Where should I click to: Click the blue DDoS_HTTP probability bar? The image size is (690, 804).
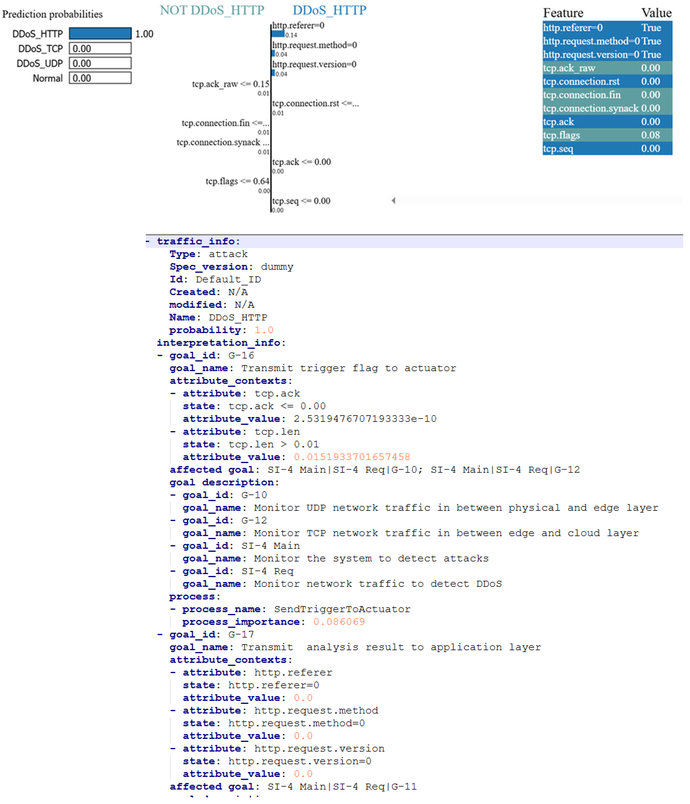click(100, 34)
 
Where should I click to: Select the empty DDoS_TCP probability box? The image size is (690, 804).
click(100, 48)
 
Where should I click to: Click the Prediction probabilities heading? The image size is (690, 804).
click(52, 14)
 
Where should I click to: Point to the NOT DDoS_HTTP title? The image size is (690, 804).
click(212, 10)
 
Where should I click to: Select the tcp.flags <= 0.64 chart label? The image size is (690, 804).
click(237, 181)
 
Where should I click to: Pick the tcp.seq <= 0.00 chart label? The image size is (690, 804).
click(301, 201)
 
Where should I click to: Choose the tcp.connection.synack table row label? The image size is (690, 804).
click(590, 108)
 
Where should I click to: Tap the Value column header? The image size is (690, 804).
click(656, 13)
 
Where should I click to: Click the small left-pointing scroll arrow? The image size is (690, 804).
click(393, 201)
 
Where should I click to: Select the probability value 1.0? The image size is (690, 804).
click(264, 330)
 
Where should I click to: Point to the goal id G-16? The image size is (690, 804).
click(241, 356)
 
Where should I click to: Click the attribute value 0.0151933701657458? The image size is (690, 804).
click(352, 457)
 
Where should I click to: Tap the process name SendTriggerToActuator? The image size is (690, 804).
click(342, 609)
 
